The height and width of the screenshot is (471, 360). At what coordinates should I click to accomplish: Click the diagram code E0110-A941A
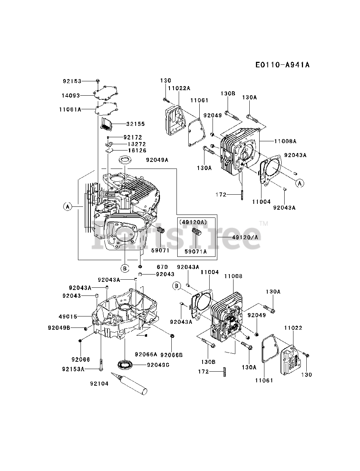[282, 65]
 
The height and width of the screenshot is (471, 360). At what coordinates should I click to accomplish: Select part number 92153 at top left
[72, 81]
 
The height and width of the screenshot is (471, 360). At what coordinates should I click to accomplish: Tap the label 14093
[71, 95]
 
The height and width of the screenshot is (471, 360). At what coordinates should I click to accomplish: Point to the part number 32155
[136, 124]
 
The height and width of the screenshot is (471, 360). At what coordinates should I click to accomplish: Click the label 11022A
[179, 88]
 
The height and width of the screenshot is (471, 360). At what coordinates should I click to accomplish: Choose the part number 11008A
[285, 141]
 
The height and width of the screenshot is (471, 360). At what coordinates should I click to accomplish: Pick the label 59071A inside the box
[196, 251]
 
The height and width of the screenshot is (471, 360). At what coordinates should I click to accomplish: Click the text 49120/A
[245, 237]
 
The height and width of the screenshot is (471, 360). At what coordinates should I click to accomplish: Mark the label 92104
[99, 383]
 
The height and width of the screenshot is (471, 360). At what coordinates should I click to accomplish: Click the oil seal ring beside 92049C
[125, 364]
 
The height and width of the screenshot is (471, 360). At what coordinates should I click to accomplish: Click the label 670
[162, 267]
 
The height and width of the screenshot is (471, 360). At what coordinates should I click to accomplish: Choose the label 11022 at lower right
[293, 327]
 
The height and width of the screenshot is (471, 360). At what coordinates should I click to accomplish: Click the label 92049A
[157, 160]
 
